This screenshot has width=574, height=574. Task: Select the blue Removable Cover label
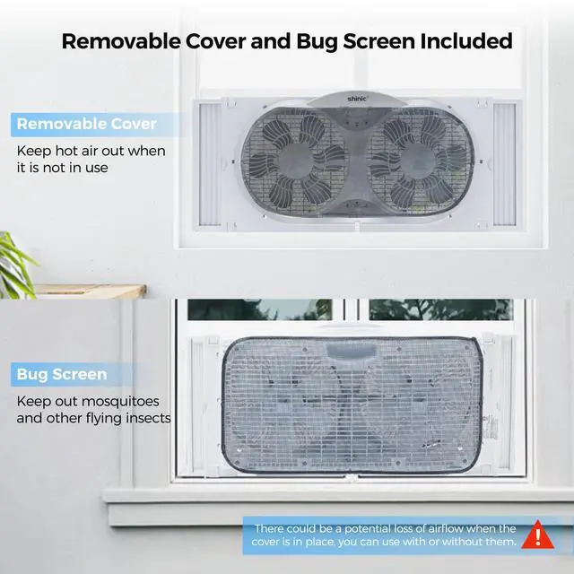(x=86, y=124)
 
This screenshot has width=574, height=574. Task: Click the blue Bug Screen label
(x=61, y=374)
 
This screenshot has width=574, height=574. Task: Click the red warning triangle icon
(x=536, y=535)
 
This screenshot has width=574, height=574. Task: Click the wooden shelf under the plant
(x=73, y=292)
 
